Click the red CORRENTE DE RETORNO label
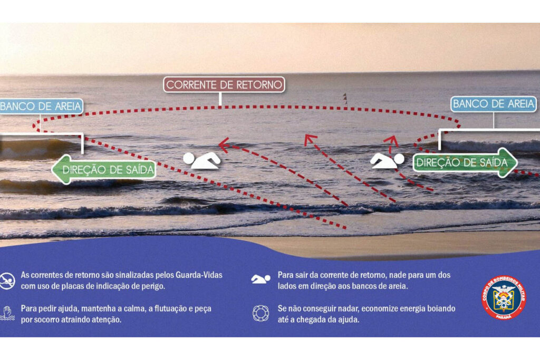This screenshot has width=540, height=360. pos(224,85)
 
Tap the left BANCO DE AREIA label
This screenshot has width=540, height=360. pos(41,106)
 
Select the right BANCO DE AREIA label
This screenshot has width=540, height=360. pos(494,104)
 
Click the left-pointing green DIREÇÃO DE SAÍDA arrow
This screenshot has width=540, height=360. pos(104,169)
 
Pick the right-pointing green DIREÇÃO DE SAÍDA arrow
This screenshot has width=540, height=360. pos(465,162)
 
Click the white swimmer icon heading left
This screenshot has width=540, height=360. pos(202,161)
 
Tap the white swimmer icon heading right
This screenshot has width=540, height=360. pos(387,161)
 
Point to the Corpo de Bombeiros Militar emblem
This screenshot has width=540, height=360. pos(504,298)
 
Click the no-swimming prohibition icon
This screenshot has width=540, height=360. pos(7,281)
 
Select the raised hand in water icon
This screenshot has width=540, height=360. pos(7,314)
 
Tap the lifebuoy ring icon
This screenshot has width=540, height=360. pos(261,313)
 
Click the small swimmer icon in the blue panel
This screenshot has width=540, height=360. pos(261,279)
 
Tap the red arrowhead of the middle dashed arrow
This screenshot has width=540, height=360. pos(310,139)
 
